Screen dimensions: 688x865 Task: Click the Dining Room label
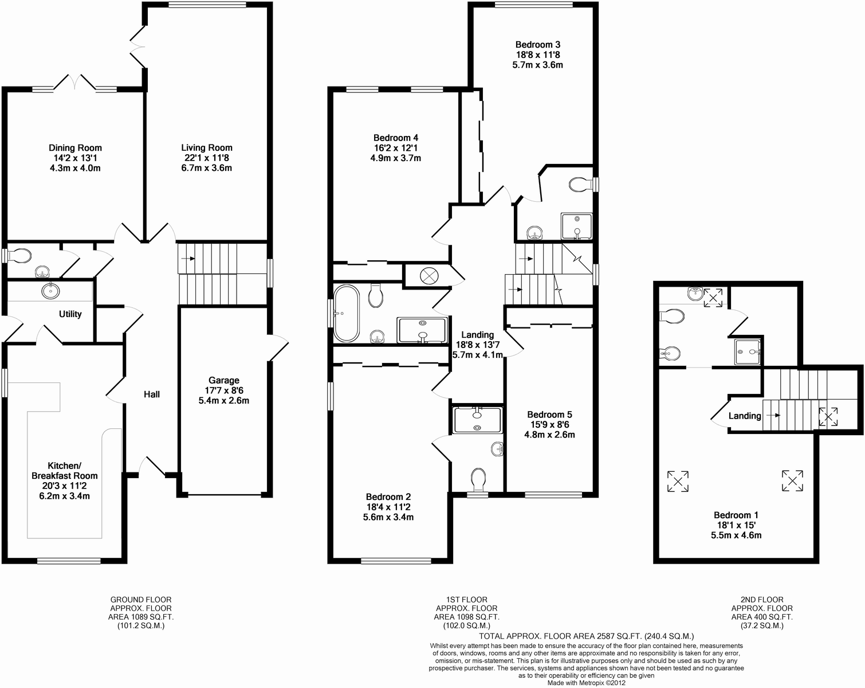(75, 148)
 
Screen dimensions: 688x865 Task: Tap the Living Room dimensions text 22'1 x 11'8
(206, 158)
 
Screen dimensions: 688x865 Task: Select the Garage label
(223, 380)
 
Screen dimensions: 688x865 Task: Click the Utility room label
(70, 314)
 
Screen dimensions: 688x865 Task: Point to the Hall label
(152, 394)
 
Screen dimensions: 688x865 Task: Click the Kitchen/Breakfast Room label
(64, 471)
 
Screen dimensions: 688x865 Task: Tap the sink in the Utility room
(50, 291)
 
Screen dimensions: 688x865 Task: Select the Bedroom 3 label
(537, 45)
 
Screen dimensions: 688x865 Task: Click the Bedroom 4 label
(395, 138)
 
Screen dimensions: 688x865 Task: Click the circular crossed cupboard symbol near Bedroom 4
(428, 276)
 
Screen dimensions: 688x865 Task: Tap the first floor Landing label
(477, 335)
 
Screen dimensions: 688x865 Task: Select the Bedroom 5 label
(549, 415)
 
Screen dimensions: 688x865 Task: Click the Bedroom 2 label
(388, 497)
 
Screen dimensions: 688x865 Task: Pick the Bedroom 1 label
(736, 515)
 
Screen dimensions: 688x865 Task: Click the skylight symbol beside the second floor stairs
(827, 416)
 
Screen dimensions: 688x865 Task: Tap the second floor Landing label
(745, 416)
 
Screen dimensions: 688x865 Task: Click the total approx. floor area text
(586, 636)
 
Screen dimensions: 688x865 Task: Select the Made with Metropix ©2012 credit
(586, 683)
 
